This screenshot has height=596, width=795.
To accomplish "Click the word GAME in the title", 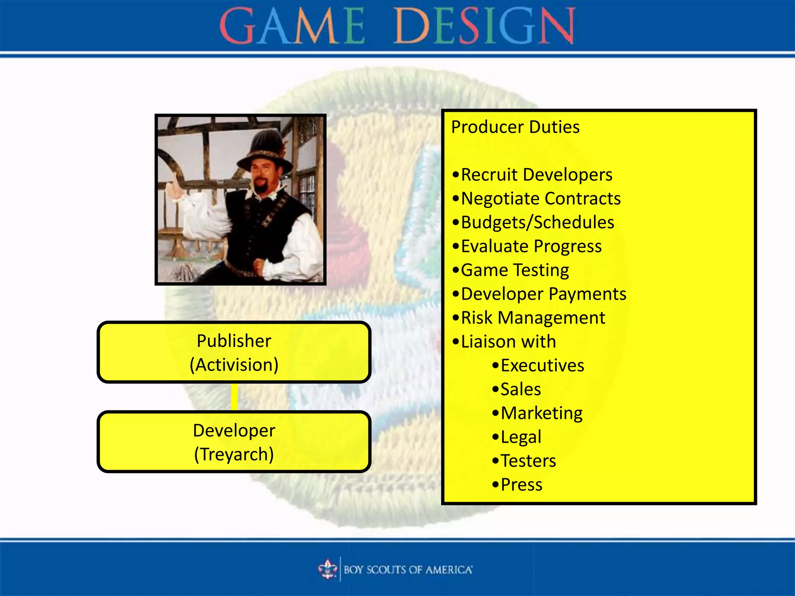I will coord(292,26).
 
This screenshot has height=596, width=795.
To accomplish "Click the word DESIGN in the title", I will coord(484,26).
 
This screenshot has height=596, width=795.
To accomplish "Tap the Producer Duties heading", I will coord(515,127).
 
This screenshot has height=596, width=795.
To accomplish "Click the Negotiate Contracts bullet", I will coord(540,199).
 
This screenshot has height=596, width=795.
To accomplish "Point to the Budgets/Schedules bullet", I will coord(537,223).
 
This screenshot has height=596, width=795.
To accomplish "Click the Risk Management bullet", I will coord(533,318).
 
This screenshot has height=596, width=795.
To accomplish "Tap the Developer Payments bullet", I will coord(543,294).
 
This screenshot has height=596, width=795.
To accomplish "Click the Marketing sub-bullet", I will coord(541,413).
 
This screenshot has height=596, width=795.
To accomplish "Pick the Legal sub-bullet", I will coord(521,437).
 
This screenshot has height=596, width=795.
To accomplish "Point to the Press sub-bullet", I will coord(521,485).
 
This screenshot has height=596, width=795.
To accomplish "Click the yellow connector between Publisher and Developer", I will coord(234,397).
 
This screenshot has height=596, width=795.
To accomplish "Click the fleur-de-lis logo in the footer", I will coord(328,570).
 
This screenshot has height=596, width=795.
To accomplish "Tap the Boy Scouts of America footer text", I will coord(408,570).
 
